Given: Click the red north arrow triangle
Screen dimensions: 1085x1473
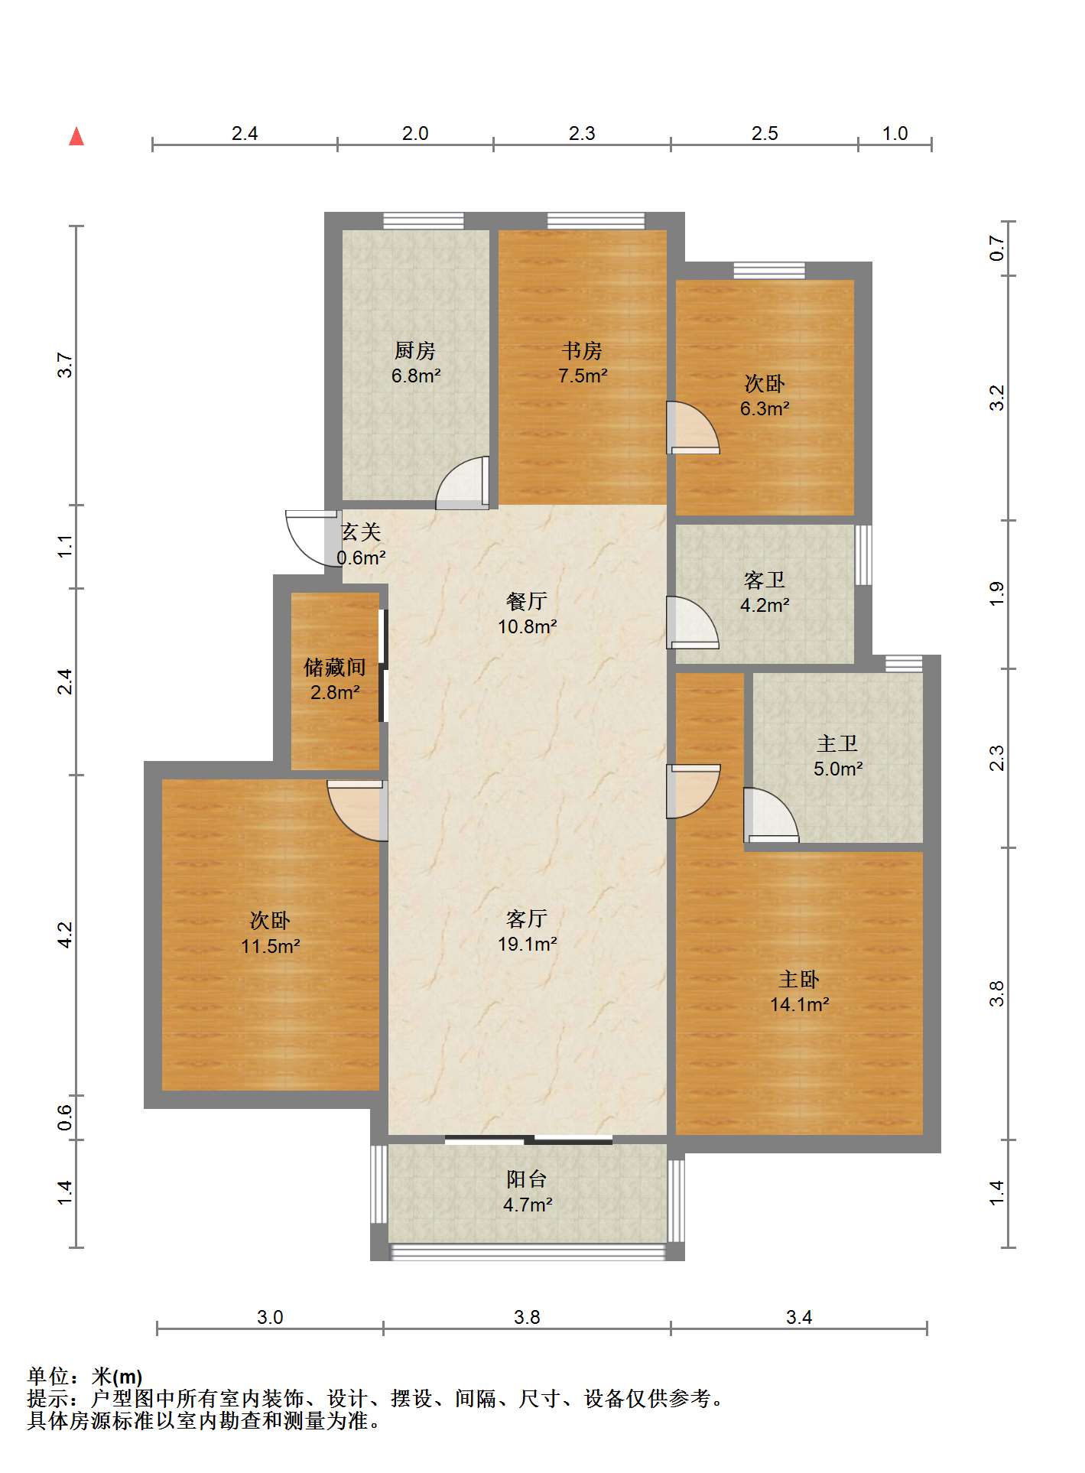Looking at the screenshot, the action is point(76,137).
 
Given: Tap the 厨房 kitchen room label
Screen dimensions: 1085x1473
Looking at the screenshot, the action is point(415,351).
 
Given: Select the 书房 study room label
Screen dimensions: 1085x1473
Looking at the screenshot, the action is point(582,351).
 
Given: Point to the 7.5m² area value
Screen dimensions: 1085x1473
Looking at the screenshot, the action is point(583,376).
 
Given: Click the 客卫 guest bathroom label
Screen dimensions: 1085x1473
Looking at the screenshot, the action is point(765,580).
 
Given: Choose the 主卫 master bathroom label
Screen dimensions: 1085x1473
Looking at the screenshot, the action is point(837,744).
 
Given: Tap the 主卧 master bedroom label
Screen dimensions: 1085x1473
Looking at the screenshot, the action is point(799,980).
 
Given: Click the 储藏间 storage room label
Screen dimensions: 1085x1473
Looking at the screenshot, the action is point(335,668).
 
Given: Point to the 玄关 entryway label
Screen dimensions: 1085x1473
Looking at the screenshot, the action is point(360,532).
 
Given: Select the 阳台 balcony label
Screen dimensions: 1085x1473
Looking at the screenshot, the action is point(527,1179).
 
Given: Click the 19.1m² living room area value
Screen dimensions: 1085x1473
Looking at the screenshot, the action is point(528,945).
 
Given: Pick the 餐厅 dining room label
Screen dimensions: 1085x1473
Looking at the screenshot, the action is point(527,602).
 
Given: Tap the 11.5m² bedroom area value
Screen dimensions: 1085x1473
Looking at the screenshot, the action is point(270,947).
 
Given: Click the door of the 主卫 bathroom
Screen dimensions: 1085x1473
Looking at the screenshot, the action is point(772,815).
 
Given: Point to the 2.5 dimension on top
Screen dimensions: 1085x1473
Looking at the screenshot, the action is point(765,134).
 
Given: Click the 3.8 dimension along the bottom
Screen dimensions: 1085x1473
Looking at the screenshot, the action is point(527,1318).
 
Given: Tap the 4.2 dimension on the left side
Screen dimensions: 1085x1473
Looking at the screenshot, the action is point(66,935).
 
